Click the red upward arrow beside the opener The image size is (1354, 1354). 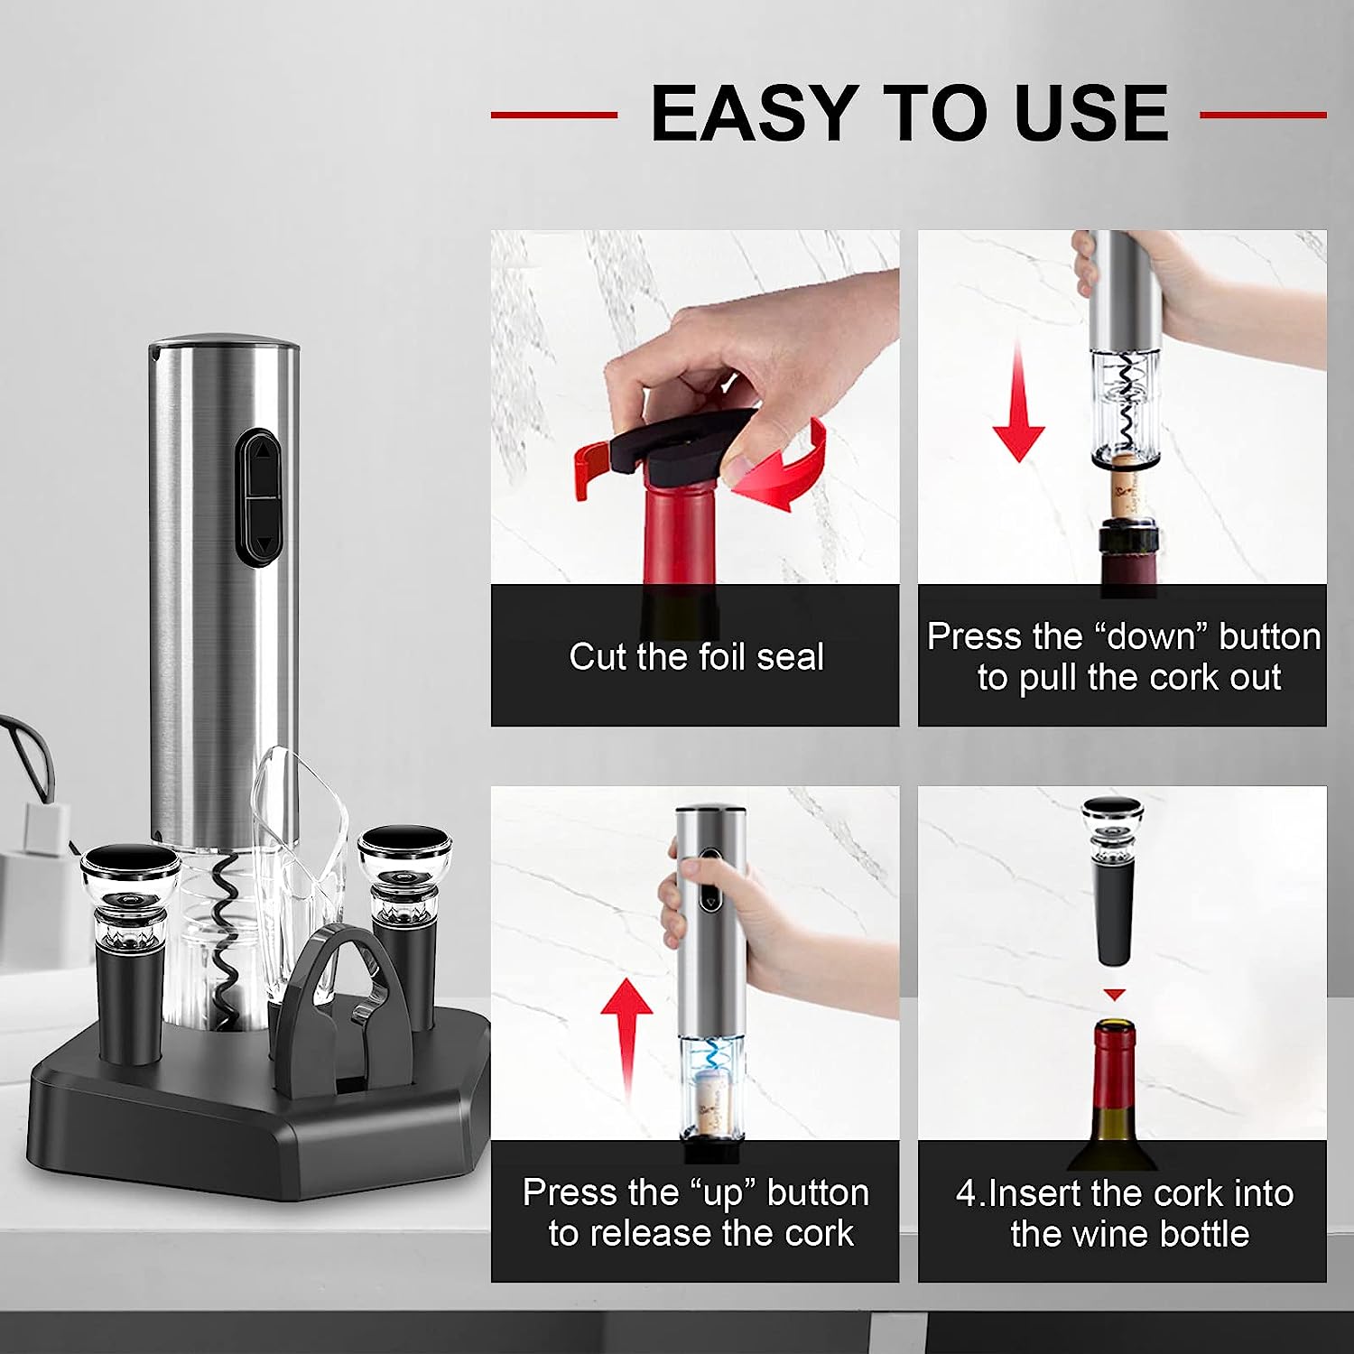(x=627, y=1041)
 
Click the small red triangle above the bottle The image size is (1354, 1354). (x=1116, y=995)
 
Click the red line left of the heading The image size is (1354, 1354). (x=554, y=115)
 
